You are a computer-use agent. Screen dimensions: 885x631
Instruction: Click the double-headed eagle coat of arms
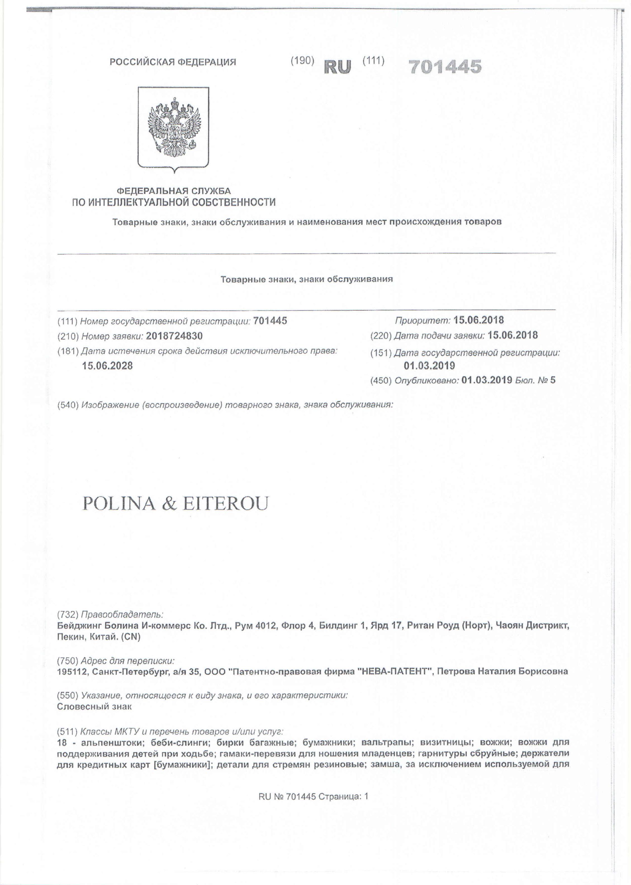pos(173,129)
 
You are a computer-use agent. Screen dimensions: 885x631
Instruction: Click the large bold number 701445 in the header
pos(445,67)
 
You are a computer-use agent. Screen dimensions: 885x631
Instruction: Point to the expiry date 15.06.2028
pos(107,366)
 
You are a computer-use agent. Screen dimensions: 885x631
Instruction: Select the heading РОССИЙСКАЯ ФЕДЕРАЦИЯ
pos(173,62)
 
